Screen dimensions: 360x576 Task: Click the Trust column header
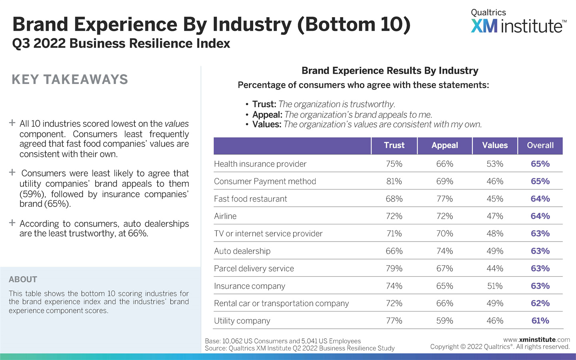pos(394,146)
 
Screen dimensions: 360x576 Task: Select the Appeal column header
pos(444,146)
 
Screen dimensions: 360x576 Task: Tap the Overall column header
pos(540,146)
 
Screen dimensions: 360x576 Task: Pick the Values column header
pos(495,146)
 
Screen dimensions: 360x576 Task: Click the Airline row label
pos(225,216)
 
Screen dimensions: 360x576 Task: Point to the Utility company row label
pos(242,321)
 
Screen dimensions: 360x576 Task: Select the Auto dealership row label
pos(242,251)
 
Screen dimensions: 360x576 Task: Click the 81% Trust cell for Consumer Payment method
pos(394,182)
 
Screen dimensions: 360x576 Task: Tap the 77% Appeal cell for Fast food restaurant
pos(444,199)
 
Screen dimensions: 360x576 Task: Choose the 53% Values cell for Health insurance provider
pos(495,164)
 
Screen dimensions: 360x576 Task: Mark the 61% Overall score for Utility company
pos(540,321)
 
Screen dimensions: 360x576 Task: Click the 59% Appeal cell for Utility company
pos(444,321)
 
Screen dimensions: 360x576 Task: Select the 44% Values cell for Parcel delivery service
pos(495,269)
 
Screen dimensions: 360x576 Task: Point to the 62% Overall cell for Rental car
pos(540,304)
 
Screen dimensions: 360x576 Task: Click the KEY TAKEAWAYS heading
pos(70,80)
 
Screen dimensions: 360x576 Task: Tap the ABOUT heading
pos(23,280)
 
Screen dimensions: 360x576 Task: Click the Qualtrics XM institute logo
pos(518,22)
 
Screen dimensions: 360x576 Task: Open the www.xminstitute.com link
pos(536,340)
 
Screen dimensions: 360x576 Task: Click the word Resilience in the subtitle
pos(151,44)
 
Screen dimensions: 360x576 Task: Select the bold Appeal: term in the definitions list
pos(267,115)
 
